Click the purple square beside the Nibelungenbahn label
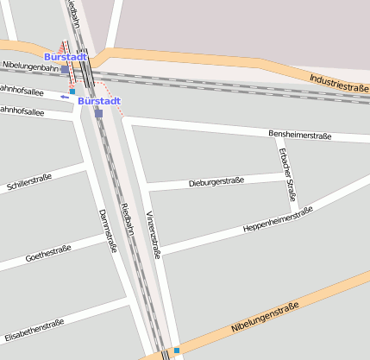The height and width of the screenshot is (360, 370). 65,69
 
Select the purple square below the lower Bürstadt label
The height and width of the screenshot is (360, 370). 98,113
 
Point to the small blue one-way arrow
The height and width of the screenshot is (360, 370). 65,97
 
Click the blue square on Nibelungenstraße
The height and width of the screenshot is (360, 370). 177,351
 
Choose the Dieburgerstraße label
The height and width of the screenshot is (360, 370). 216,182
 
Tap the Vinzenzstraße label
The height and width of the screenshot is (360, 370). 153,234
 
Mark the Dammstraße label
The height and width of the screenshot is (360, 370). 107,230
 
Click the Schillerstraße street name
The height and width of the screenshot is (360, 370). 28,182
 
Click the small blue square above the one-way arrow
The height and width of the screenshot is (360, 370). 72,91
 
